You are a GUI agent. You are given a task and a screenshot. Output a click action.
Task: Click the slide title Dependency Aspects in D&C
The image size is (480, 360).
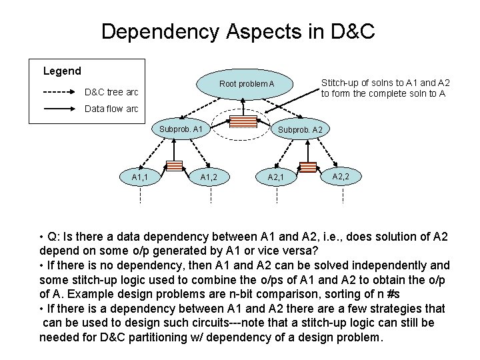coord(239,31)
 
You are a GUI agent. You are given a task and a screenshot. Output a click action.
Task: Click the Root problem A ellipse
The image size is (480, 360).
coord(247,85)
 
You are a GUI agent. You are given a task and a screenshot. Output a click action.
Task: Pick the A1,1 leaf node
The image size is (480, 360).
coord(140,177)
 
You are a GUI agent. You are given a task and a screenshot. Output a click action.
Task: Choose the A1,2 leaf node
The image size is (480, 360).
coord(210,177)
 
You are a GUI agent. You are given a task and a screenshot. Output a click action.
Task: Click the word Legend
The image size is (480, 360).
coord(62,71)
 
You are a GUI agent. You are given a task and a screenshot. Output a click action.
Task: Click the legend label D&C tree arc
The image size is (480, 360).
coord(111,91)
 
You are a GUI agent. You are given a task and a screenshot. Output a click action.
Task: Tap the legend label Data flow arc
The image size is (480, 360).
coord(111,109)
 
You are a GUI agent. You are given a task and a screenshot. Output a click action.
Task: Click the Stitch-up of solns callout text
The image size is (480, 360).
coord(385,88)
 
